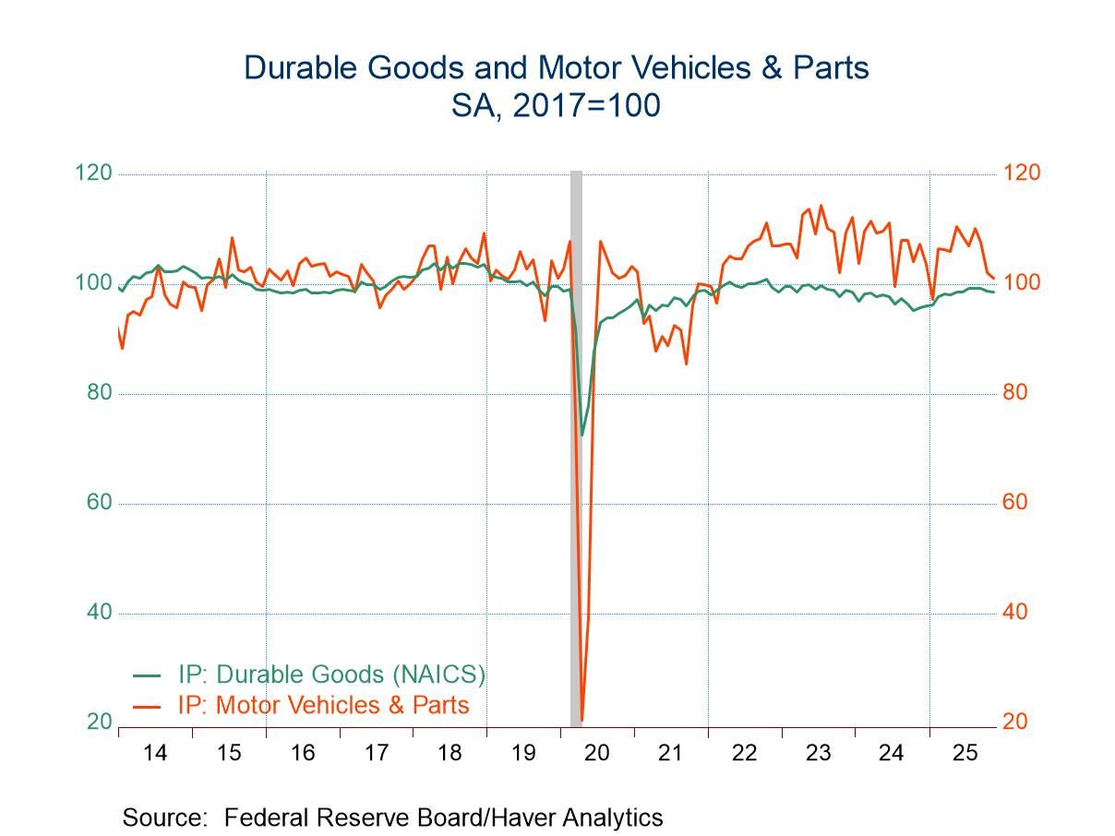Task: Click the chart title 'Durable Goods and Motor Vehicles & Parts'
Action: [557, 68]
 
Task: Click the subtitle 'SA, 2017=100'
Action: [556, 106]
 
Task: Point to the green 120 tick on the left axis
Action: [93, 173]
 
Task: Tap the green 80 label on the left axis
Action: [99, 393]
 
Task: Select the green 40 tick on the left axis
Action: [99, 613]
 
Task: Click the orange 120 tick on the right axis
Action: [1020, 173]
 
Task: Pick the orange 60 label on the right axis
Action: [1014, 503]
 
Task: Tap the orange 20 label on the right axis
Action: [1014, 723]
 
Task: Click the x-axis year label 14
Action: [155, 753]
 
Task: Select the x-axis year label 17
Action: [376, 753]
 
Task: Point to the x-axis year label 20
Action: [597, 753]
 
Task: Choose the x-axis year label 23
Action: [818, 753]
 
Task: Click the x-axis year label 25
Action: [965, 753]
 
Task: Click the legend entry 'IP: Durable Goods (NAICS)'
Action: [331, 675]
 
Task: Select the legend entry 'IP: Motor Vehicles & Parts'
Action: [323, 706]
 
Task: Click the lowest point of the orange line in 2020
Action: [581, 720]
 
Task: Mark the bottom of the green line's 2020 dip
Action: [582, 435]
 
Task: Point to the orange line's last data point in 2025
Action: [994, 278]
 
